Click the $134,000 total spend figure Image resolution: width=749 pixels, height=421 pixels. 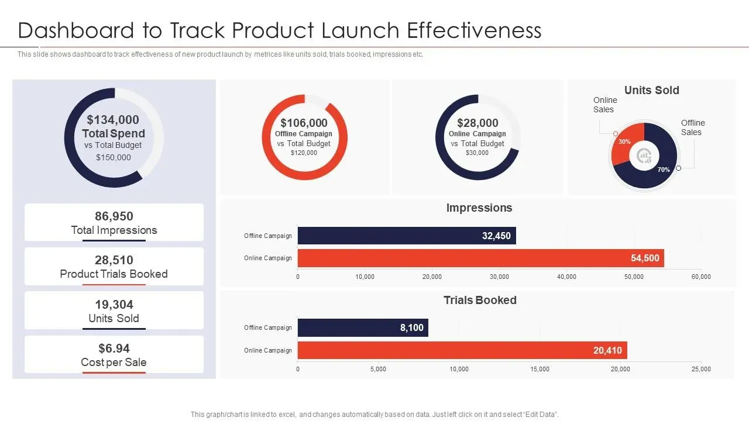tap(113, 120)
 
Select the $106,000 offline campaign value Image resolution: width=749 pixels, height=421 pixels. tap(304, 123)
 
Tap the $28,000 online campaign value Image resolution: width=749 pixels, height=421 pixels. tap(477, 123)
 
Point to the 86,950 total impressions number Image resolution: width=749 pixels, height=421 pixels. tap(114, 216)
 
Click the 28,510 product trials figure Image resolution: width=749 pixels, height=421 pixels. tap(114, 260)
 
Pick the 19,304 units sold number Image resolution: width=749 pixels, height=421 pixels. tap(114, 305)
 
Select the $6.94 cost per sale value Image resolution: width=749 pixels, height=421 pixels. tap(114, 348)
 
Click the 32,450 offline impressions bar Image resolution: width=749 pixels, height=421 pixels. tap(407, 236)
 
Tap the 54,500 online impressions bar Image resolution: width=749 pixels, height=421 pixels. tap(480, 258)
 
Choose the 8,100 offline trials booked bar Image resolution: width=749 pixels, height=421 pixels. tap(363, 327)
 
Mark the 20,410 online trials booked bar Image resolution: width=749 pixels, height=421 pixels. tap(462, 350)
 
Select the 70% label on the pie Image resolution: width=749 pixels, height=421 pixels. tap(663, 170)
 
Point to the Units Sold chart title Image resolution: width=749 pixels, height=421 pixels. tap(651, 90)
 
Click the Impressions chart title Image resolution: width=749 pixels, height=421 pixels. tap(479, 208)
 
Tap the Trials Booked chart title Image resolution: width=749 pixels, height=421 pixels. tap(480, 300)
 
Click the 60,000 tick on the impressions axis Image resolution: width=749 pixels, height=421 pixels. tap(701, 277)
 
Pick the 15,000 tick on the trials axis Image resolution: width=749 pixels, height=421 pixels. tap(540, 369)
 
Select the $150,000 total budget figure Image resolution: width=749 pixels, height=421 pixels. tap(114, 157)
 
